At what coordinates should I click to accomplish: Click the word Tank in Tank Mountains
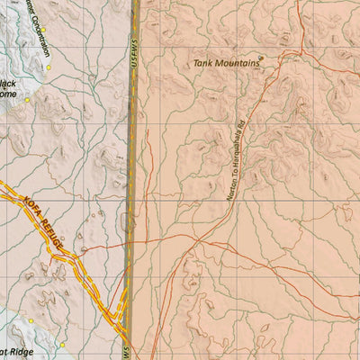pos(204,64)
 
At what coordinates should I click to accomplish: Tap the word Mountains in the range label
pos(237,64)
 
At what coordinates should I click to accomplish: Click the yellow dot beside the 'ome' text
pos(28,101)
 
